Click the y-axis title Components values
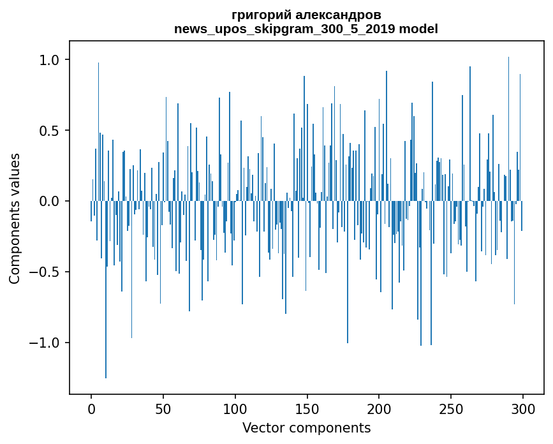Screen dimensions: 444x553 pyautogui.click(x=14, y=218)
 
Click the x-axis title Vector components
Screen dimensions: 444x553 pyautogui.click(x=306, y=428)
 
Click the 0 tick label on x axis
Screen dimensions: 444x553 pyautogui.click(x=91, y=408)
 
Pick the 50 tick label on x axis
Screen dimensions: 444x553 pyautogui.click(x=163, y=408)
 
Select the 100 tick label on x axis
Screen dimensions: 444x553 pyautogui.click(x=235, y=408)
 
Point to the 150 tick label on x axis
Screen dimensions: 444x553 pyautogui.click(x=307, y=408)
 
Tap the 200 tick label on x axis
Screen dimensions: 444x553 pyautogui.click(x=379, y=408)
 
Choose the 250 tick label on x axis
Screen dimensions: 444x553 pyautogui.click(x=451, y=408)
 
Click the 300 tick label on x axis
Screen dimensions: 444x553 pyautogui.click(x=523, y=408)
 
